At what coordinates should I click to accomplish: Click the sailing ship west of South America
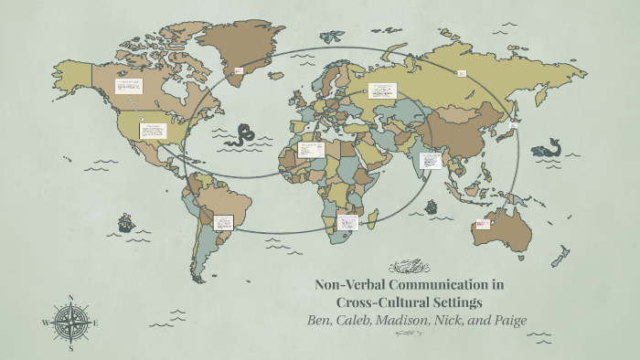(125, 222)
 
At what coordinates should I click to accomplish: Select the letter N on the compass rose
(70, 297)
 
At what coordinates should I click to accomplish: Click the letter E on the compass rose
(95, 323)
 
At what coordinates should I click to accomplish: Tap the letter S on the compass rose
(70, 347)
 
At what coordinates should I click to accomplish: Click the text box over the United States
(152, 131)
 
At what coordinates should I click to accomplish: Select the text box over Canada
(129, 87)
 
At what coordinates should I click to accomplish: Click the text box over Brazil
(224, 221)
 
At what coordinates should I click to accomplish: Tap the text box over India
(431, 161)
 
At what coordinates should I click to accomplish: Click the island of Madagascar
(374, 217)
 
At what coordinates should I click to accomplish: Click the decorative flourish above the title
(408, 267)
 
